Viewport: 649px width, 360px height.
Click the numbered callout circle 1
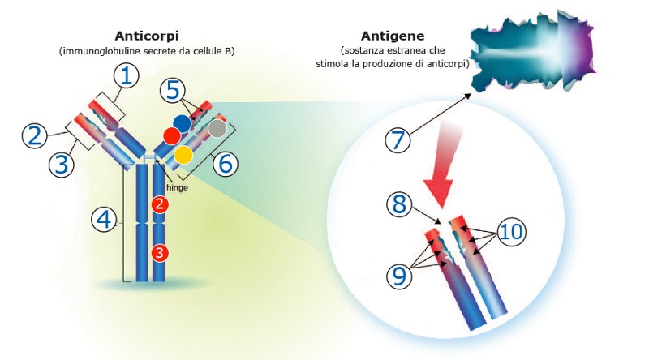127,75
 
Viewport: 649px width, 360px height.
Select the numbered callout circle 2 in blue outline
34,135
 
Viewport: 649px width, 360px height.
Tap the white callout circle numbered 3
62,164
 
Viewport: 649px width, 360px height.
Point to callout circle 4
104,219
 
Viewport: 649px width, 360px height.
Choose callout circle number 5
173,90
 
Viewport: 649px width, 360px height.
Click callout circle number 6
226,164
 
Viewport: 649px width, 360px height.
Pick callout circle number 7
398,140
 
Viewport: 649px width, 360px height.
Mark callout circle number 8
399,204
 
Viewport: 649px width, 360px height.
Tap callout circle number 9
399,276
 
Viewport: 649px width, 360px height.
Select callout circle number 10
512,232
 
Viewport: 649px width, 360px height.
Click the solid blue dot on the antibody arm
182,123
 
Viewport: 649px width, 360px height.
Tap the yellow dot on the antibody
183,154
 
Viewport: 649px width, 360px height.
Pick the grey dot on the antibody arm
217,128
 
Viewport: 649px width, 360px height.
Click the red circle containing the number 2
159,204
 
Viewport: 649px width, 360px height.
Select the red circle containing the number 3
159,253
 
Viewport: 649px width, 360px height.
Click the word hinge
177,187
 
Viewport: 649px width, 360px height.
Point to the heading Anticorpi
147,36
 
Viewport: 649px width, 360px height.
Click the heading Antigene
393,36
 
